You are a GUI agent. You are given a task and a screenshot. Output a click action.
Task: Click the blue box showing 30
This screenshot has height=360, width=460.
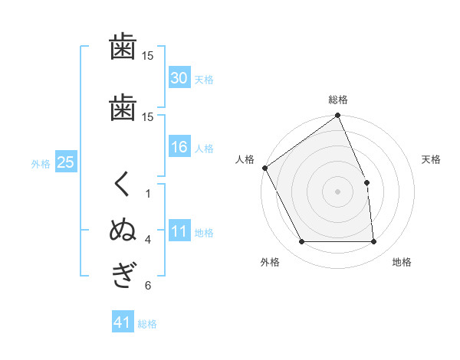pyautogui.click(x=179, y=77)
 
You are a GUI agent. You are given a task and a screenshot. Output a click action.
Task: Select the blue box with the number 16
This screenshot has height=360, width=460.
pyautogui.click(x=179, y=146)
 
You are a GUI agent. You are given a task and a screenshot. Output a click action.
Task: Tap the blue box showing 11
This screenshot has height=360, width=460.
pyautogui.click(x=179, y=230)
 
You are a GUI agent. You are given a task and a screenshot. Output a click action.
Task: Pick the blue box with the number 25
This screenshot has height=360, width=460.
pyautogui.click(x=66, y=162)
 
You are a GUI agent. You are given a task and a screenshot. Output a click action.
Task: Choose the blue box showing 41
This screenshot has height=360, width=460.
pyautogui.click(x=123, y=321)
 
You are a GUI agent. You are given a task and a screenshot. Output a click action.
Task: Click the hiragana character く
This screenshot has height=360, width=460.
pyautogui.click(x=121, y=184)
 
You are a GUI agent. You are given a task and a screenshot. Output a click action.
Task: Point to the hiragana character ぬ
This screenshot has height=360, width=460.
pyautogui.click(x=123, y=229)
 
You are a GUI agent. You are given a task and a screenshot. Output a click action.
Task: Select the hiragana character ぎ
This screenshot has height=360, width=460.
pyautogui.click(x=124, y=275)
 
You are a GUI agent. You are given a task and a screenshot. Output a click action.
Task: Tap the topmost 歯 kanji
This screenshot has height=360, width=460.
pyautogui.click(x=123, y=46)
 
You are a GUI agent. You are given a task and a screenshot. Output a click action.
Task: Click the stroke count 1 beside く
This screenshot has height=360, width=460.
pyautogui.click(x=148, y=194)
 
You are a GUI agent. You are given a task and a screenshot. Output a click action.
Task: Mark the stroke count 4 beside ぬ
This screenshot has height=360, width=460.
pyautogui.click(x=148, y=240)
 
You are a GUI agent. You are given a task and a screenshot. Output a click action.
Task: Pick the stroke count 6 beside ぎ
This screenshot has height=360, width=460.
pyautogui.click(x=148, y=286)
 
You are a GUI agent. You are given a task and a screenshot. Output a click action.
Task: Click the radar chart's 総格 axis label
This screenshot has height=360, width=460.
pyautogui.click(x=338, y=100)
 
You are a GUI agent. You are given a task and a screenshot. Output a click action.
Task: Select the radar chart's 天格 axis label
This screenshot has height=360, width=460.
pyautogui.click(x=431, y=159)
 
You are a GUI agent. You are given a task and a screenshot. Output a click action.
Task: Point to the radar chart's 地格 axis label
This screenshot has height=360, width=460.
pyautogui.click(x=402, y=262)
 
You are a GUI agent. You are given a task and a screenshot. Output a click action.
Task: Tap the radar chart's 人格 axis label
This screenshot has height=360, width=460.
pyautogui.click(x=245, y=159)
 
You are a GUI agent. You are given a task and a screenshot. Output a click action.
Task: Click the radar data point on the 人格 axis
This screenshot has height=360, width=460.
pyautogui.click(x=265, y=168)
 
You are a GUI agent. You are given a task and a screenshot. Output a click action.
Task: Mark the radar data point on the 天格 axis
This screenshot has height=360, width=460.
pyautogui.click(x=366, y=182)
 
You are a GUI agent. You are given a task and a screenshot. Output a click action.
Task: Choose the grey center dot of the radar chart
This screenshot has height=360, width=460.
pyautogui.click(x=337, y=191)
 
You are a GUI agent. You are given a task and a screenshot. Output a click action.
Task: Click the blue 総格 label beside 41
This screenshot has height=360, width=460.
pyautogui.click(x=147, y=324)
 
